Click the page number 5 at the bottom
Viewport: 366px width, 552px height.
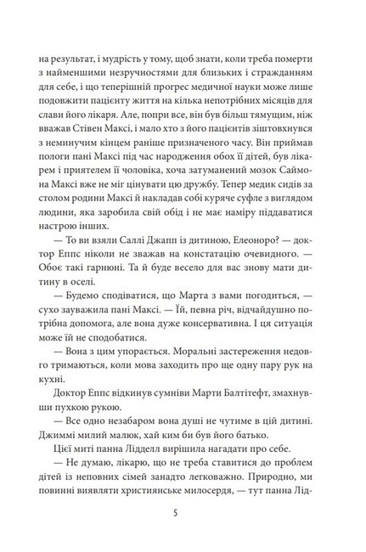pos(183,514)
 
